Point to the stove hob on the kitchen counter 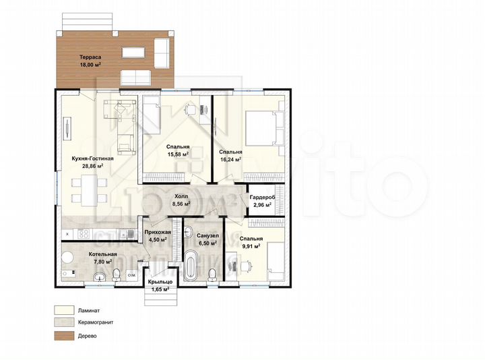84,234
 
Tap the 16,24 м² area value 230,160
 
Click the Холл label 181,196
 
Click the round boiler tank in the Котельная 68,256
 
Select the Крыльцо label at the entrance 160,281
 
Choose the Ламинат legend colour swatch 65,311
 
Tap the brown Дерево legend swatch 65,334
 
